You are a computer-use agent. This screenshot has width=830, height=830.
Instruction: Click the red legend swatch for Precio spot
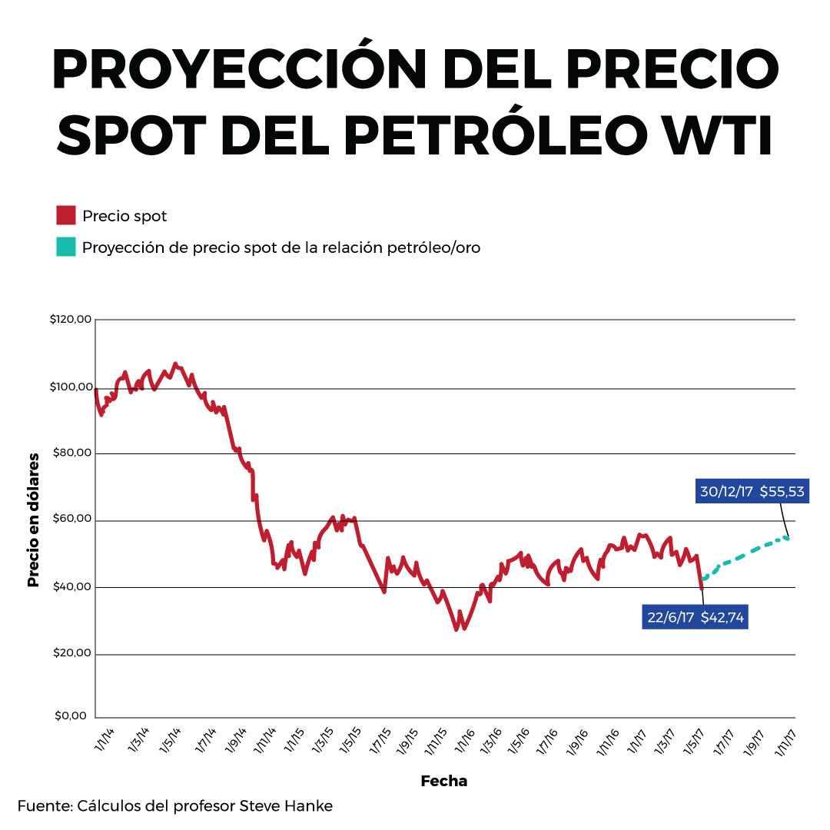[65, 216]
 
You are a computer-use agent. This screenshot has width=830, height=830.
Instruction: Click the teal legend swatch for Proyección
[65, 247]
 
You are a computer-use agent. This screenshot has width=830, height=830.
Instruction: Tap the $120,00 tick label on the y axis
[70, 320]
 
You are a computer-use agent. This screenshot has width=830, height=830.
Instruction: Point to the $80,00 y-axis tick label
[72, 453]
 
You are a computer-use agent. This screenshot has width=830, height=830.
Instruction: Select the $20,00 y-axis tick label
[72, 654]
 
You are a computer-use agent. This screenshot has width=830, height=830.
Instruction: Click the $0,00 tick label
[75, 716]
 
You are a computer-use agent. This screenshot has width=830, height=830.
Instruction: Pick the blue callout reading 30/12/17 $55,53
[752, 492]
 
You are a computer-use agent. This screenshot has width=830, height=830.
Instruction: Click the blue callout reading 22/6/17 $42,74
[695, 616]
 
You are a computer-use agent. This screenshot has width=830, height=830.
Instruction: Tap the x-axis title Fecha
[443, 781]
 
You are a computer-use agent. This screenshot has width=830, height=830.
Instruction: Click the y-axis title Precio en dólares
[33, 520]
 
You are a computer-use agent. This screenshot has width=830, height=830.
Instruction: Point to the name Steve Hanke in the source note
[286, 806]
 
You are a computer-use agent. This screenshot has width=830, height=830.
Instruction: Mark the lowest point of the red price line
[456, 629]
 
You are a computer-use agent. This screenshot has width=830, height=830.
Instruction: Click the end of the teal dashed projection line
[787, 537]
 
